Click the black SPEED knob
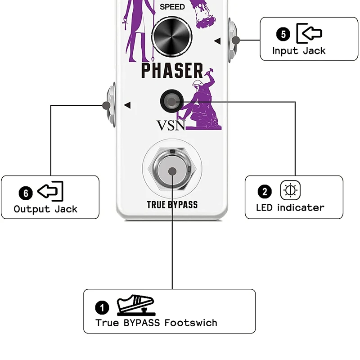coord(171,36)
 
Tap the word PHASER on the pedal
coord(172,71)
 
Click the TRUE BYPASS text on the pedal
coord(172,205)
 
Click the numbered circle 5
coord(283,34)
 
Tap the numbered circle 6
coord(26,193)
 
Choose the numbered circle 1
coord(102,308)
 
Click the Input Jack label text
coord(298,50)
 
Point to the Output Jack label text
coord(45,209)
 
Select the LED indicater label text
coord(290,207)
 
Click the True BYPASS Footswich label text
coord(156,323)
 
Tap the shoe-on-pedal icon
coord(136,306)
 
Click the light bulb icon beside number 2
coord(291,190)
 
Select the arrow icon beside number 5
coord(310,33)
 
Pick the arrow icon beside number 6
coord(50,191)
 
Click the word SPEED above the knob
coord(172,7)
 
